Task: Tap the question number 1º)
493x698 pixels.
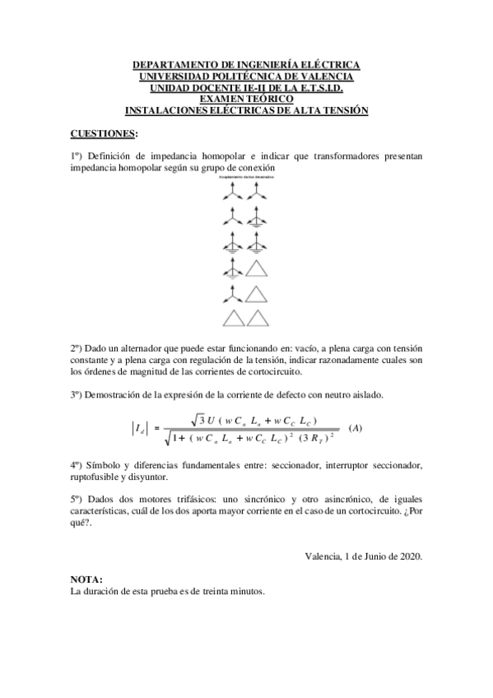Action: pos(77,156)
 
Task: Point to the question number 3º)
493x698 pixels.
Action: pos(77,395)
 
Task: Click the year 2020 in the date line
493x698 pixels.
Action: pos(408,557)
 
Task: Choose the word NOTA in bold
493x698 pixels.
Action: pos(86,579)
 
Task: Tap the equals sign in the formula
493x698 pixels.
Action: pos(156,429)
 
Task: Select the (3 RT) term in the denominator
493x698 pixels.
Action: pos(315,436)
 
